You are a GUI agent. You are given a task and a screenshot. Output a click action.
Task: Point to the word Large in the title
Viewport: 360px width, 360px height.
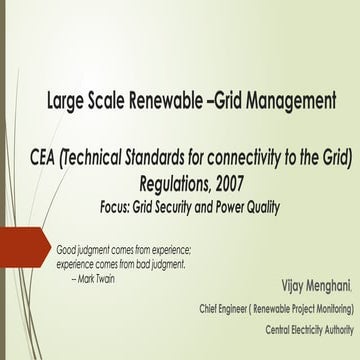coord(66,101)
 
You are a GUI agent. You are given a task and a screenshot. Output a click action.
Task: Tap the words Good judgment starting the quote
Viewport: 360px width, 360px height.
coord(84,248)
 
